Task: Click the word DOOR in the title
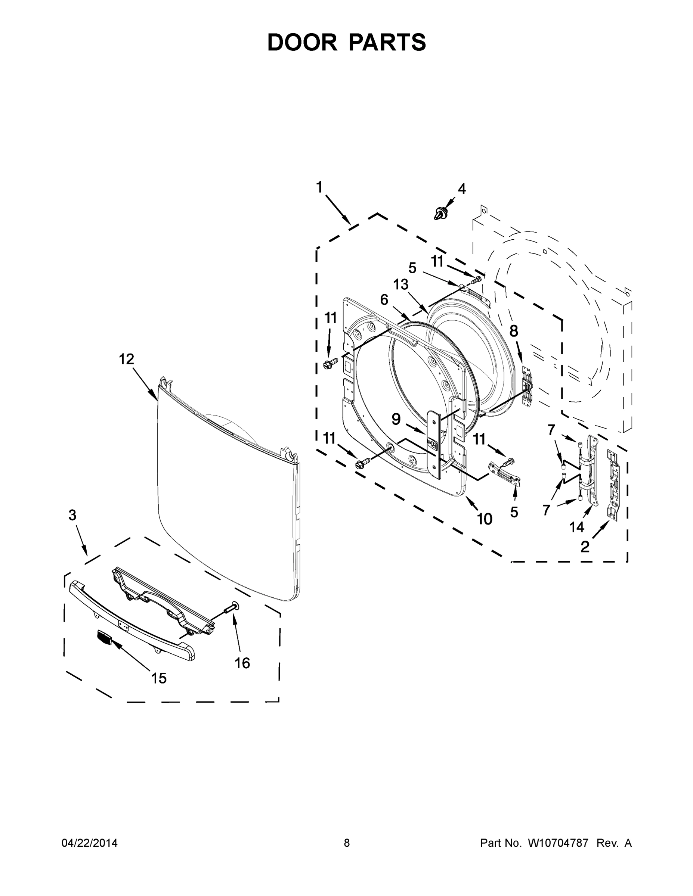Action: click(x=302, y=42)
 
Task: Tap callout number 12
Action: click(x=126, y=360)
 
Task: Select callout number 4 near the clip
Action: click(x=462, y=189)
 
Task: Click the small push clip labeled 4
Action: click(x=440, y=213)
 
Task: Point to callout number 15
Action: click(x=159, y=679)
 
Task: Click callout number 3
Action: click(x=72, y=515)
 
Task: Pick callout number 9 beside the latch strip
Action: click(x=396, y=419)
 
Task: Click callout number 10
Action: click(x=485, y=519)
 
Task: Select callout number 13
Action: click(x=401, y=284)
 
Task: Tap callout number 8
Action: click(x=514, y=331)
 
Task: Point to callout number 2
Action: click(x=585, y=547)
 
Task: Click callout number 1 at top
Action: click(x=319, y=187)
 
